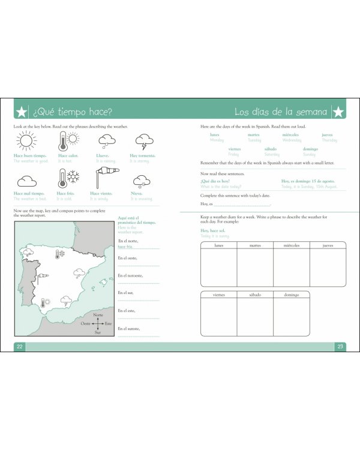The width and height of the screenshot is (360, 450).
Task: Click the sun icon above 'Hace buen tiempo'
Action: pyautogui.click(x=26, y=141)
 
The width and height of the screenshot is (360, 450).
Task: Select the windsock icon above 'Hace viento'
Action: pyautogui.click(x=106, y=177)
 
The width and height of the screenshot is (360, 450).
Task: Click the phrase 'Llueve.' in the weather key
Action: pyautogui.click(x=103, y=156)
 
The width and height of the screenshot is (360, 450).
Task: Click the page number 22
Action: pyautogui.click(x=19, y=346)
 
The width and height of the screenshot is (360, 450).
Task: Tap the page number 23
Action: pyautogui.click(x=340, y=346)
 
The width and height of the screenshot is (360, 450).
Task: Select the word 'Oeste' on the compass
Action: pyautogui.click(x=86, y=323)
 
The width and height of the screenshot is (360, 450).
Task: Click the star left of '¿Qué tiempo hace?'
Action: pyautogui.click(x=22, y=112)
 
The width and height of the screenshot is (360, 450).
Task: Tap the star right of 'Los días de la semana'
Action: pyautogui.click(x=338, y=112)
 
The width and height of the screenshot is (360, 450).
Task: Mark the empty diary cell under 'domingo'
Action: pyautogui.click(x=291, y=316)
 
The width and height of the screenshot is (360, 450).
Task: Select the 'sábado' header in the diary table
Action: pyautogui.click(x=254, y=295)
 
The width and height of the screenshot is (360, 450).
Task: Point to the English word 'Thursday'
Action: pyautogui.click(x=329, y=140)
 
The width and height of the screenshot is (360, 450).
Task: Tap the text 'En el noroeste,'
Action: pyautogui.click(x=130, y=275)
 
